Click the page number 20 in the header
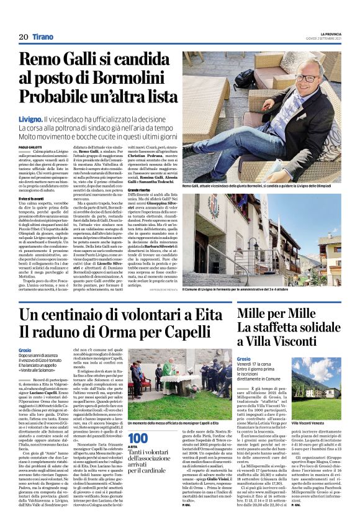point(24,37)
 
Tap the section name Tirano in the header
point(43,37)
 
